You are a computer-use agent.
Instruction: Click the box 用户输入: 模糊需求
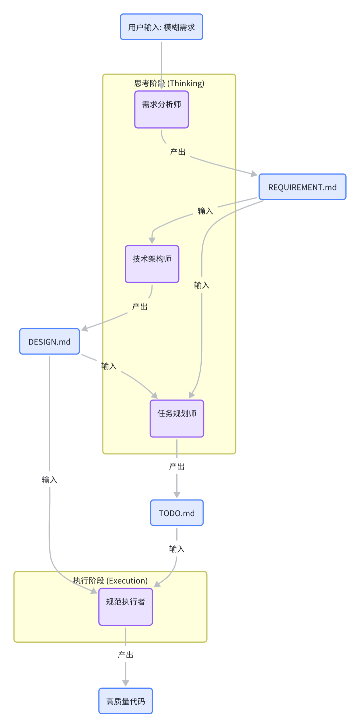point(161,27)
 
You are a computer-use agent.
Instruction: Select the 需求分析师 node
point(161,109)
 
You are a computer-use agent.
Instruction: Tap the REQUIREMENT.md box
point(302,187)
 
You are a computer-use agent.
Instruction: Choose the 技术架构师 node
point(152,264)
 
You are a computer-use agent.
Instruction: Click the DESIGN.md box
point(49,342)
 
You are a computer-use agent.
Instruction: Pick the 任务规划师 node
point(177,418)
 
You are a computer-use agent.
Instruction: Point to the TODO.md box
point(177,513)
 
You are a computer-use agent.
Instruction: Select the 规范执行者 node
point(125,607)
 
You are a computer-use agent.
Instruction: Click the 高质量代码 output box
point(125,701)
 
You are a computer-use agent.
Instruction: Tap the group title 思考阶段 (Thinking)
point(169,83)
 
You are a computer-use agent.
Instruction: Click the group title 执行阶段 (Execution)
point(110,581)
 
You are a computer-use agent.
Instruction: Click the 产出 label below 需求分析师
point(178,152)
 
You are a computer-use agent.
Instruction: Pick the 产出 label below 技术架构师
point(140,307)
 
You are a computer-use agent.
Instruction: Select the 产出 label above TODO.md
point(177,466)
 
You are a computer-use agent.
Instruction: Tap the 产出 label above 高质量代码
point(125,655)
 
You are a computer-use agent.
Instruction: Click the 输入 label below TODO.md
point(177,549)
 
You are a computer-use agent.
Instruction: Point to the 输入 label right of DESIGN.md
point(109,366)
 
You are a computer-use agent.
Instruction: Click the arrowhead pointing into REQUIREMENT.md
point(254,174)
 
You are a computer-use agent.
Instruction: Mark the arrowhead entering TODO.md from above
point(177,495)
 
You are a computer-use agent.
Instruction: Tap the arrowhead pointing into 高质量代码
point(125,683)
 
